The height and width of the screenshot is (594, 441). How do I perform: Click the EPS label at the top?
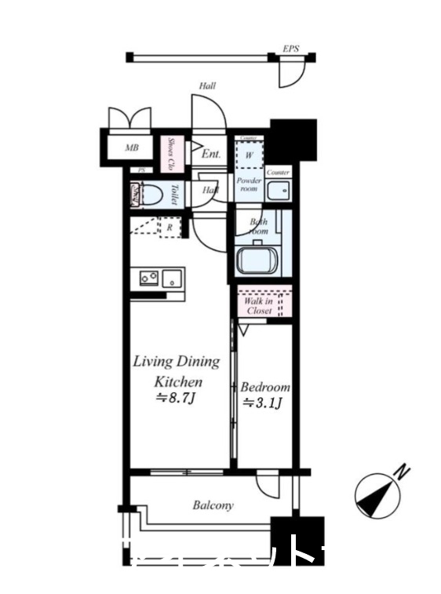point(291,49)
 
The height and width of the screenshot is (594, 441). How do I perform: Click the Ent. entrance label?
point(210,154)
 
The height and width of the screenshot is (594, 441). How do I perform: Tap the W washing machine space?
point(249,155)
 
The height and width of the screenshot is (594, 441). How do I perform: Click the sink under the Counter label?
point(277,191)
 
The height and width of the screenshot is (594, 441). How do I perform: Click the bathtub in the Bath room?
point(258,260)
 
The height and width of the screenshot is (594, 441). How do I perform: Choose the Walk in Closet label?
point(258,305)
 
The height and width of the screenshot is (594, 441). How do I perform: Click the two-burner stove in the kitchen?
point(148,278)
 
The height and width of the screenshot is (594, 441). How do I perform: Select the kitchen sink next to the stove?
point(173,278)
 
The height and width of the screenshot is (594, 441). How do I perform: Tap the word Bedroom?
point(264,387)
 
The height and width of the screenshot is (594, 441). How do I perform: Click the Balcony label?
point(213,505)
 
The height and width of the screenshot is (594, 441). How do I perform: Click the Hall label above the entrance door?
point(207,86)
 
